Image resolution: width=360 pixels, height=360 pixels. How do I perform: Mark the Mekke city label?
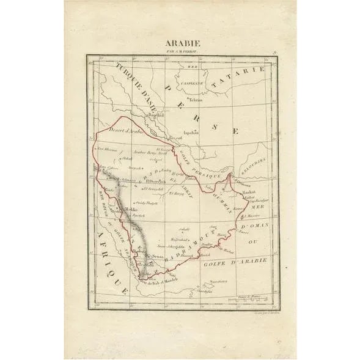(x=131, y=208)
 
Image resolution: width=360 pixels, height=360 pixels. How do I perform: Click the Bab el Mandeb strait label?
(x=163, y=280)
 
